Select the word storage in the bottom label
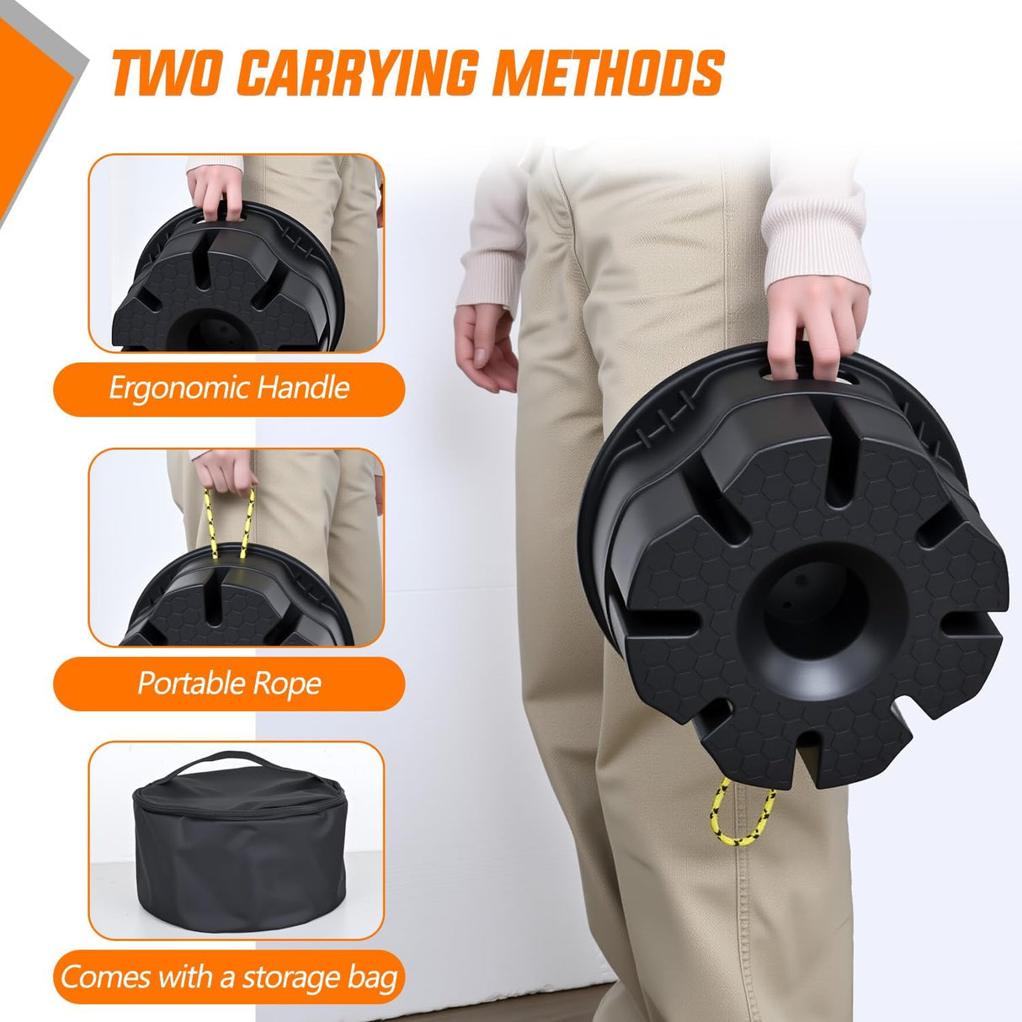click(x=290, y=977)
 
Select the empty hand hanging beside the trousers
click(x=484, y=347)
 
